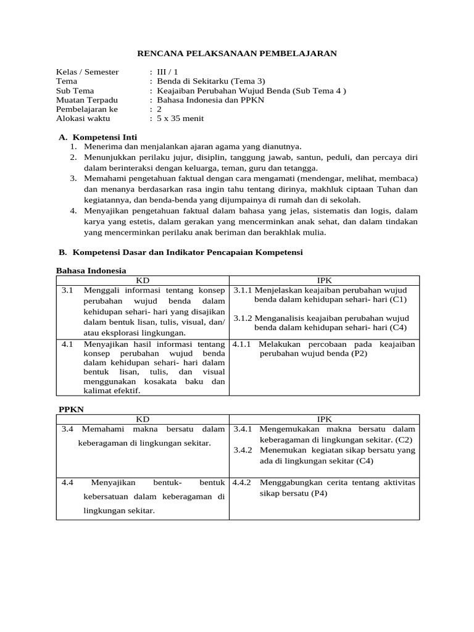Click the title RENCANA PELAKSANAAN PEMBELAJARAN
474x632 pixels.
tap(236, 54)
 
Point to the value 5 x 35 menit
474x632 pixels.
tap(180, 118)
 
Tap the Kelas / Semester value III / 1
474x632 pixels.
tap(167, 72)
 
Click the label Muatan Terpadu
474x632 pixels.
tap(86, 99)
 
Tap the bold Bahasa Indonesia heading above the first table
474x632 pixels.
tap(91, 270)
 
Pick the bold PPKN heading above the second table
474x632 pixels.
tap(71, 409)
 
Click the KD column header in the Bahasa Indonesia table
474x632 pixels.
tap(143, 280)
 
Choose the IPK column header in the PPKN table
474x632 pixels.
tap(324, 419)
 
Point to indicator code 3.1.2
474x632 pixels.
tap(243, 318)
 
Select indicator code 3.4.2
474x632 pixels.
tap(243, 450)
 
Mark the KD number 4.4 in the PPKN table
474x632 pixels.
tap(68, 482)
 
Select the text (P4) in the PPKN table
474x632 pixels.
tap(319, 493)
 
